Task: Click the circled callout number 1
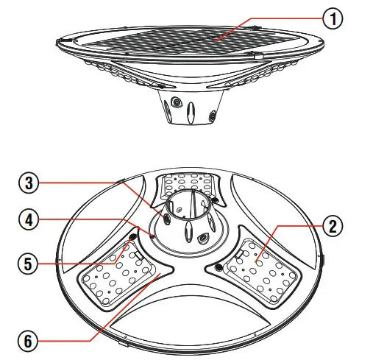pos(334,18)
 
